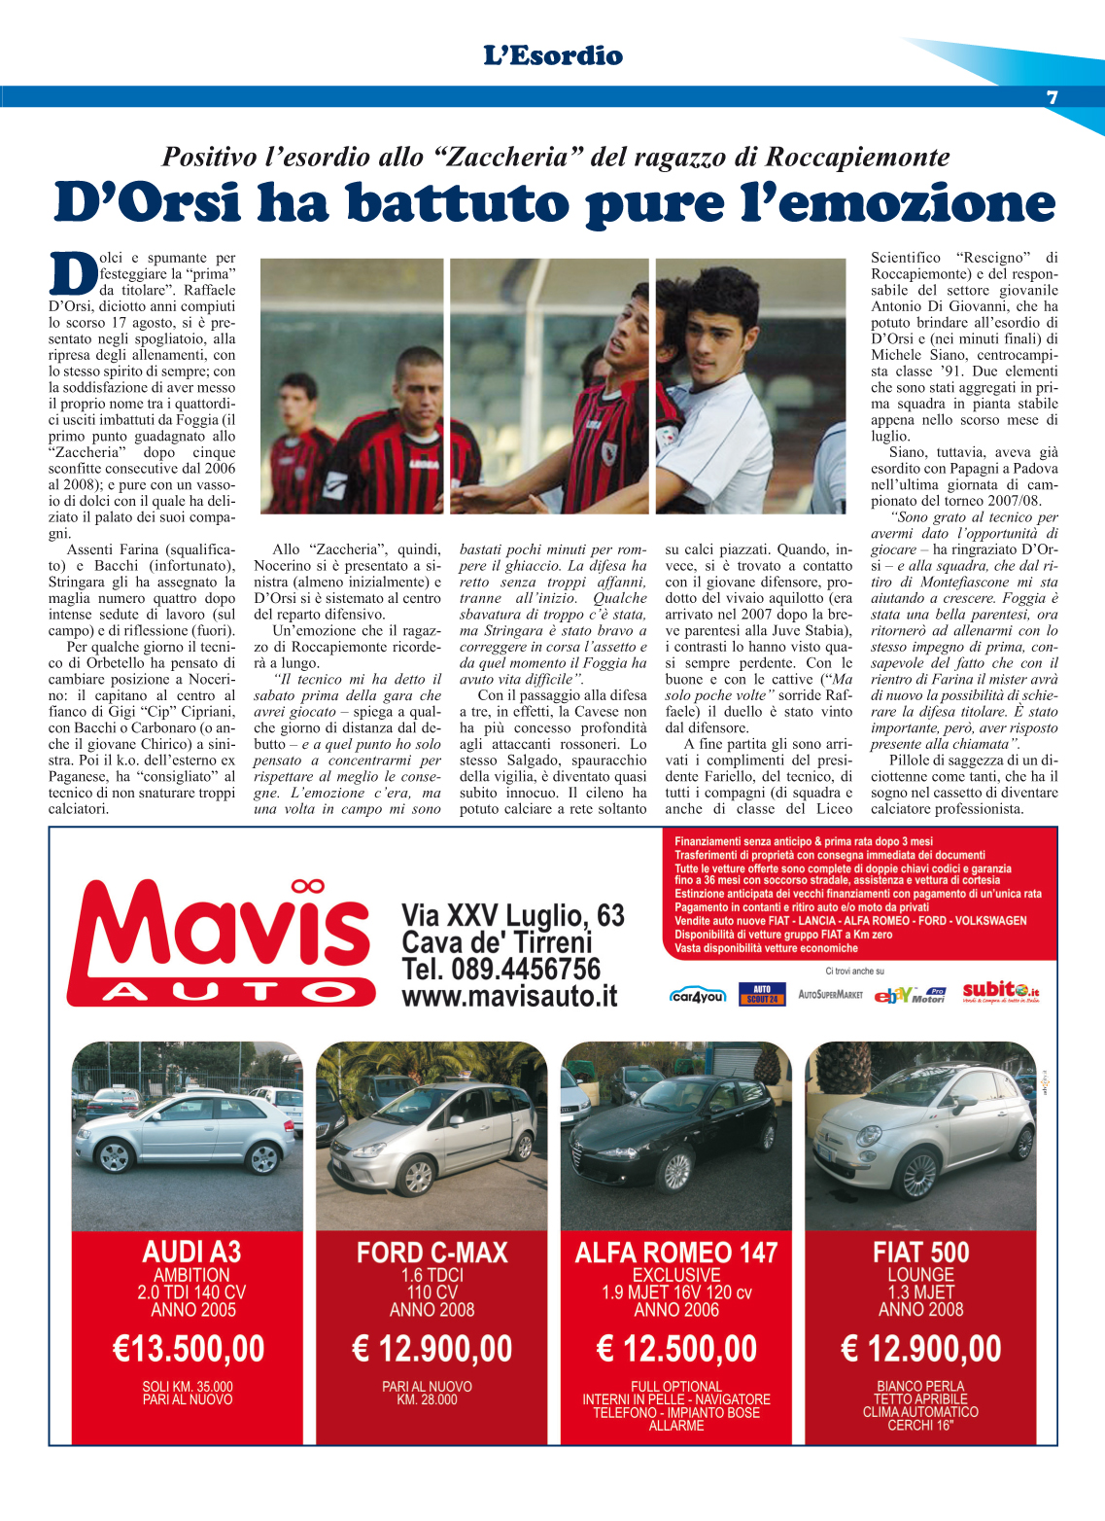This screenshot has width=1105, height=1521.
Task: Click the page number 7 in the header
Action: click(x=1052, y=97)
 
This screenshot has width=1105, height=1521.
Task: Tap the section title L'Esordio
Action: click(x=553, y=56)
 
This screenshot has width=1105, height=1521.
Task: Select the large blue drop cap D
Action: click(x=72, y=273)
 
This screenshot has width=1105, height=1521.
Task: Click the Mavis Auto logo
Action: click(x=221, y=942)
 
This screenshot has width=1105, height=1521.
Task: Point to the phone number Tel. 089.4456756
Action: click(x=501, y=970)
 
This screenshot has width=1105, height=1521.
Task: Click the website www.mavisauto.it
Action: click(x=509, y=997)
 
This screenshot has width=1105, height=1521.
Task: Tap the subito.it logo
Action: click(x=1001, y=992)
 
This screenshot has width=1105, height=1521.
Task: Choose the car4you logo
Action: click(x=697, y=996)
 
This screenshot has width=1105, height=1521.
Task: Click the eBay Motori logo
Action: click(x=910, y=995)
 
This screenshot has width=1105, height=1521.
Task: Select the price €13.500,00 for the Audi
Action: click(x=189, y=1349)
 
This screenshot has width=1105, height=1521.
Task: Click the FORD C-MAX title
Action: click(x=432, y=1253)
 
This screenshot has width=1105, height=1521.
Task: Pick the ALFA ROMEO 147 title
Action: click(x=676, y=1253)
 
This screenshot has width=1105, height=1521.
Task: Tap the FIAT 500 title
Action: click(x=920, y=1253)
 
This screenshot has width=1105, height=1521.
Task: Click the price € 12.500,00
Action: click(x=676, y=1349)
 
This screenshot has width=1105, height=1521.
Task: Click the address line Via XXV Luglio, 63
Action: click(x=513, y=916)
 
